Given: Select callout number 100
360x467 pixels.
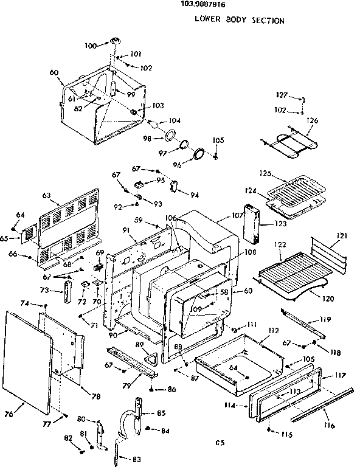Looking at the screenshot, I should tap(91, 46).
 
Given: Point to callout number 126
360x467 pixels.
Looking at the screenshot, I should tap(312, 120).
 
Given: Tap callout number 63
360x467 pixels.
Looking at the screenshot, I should tap(47, 195).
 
